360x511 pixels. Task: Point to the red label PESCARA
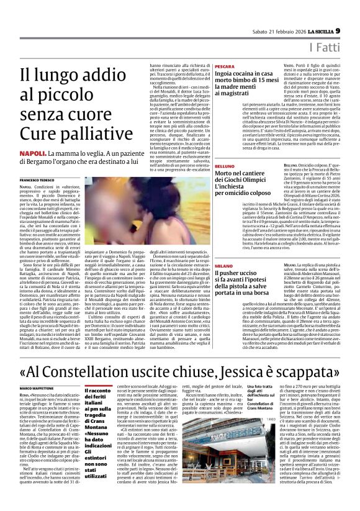coord(225,66)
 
